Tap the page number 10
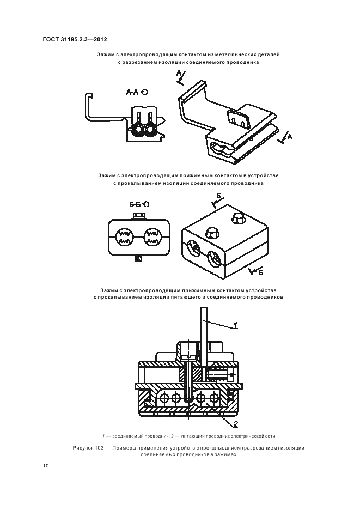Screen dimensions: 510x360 tap(45, 465)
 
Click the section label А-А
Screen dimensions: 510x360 tap(133, 93)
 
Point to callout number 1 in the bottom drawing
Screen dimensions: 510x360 tap(235, 325)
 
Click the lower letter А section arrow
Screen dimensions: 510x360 tap(287, 138)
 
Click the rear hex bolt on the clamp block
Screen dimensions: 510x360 tap(239, 220)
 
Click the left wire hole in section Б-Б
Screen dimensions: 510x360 tap(124, 237)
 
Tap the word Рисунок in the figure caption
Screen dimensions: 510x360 tap(84, 448)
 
